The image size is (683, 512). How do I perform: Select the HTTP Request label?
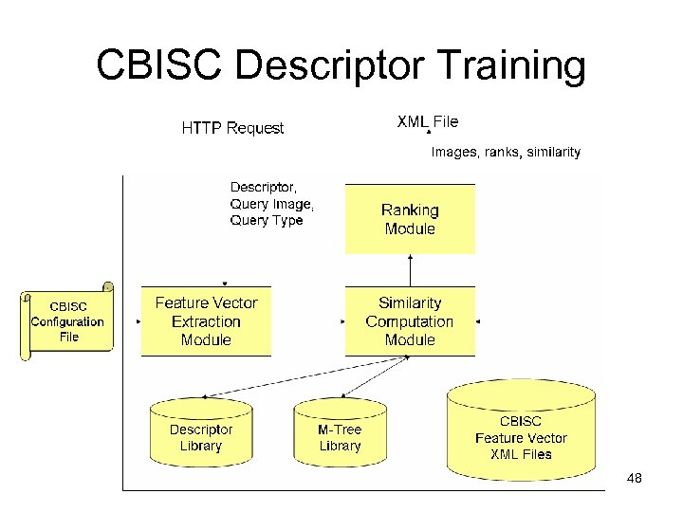pyautogui.click(x=232, y=128)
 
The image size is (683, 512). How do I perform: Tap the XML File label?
pyautogui.click(x=427, y=121)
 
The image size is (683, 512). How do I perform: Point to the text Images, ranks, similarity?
pyautogui.click(x=506, y=152)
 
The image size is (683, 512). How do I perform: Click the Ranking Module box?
pyautogui.click(x=410, y=219)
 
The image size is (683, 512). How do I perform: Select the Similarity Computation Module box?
pyautogui.click(x=410, y=321)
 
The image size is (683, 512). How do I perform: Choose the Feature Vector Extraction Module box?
pyautogui.click(x=206, y=321)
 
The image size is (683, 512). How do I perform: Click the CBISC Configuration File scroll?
pyautogui.click(x=67, y=321)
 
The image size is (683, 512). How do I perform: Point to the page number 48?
pyautogui.click(x=635, y=479)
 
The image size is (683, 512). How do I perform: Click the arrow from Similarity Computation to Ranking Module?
pyautogui.click(x=410, y=270)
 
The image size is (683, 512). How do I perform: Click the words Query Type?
pyautogui.click(x=267, y=221)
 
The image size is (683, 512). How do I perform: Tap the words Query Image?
pyautogui.click(x=270, y=204)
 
